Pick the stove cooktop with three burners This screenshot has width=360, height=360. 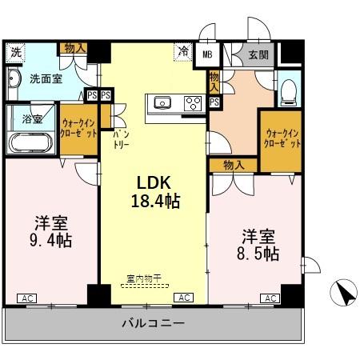click(192, 102)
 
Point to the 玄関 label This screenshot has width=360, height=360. click(258, 54)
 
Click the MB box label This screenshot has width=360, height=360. click(207, 54)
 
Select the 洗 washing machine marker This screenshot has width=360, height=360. click(15, 53)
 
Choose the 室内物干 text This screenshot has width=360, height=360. click(144, 278)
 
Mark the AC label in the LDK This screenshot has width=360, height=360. click(183, 298)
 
